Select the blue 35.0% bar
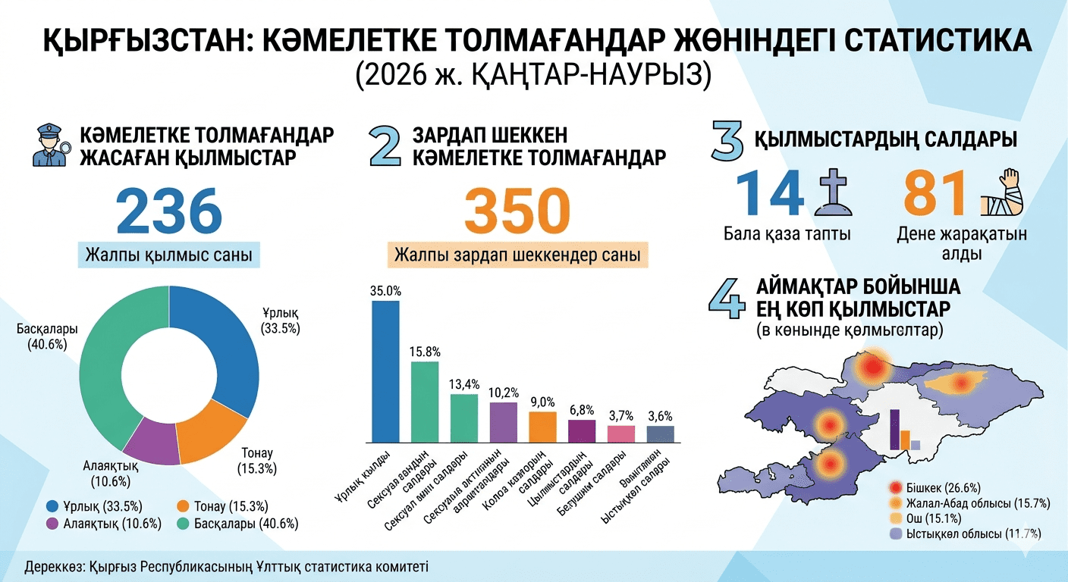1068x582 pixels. tap(385, 371)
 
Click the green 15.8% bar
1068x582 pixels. tap(425, 401)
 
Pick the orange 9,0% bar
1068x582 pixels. tap(542, 426)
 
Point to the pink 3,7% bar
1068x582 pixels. tap(621, 433)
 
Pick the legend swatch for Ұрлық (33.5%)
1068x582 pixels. tap(53, 506)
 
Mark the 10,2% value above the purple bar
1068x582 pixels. tap(504, 393)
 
